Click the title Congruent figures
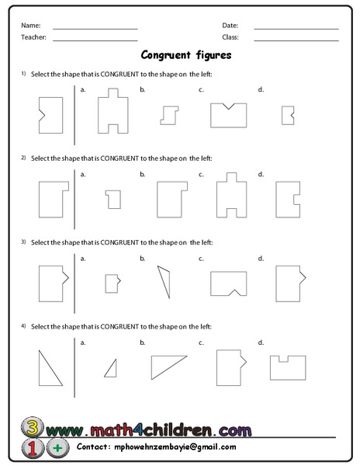pyautogui.click(x=186, y=55)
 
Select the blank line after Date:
pyautogui.click(x=296, y=28)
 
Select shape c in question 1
pyautogui.click(x=228, y=114)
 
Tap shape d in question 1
pyautogui.click(x=287, y=115)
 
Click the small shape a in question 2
pyautogui.click(x=114, y=199)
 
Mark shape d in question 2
pyautogui.click(x=289, y=199)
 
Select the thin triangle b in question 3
pyautogui.click(x=164, y=282)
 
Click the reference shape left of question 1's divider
pyautogui.click(x=50, y=114)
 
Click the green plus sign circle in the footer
pyautogui.click(x=57, y=448)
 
